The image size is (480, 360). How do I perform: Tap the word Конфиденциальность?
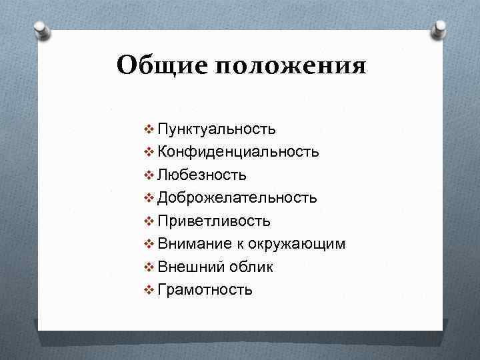point(238,152)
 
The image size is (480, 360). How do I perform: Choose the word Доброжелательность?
point(237,197)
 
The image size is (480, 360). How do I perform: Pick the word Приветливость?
point(214,221)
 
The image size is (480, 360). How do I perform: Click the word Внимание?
point(193,243)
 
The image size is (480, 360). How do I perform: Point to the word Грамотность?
point(205,289)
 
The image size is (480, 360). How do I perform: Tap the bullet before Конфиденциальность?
point(149,152)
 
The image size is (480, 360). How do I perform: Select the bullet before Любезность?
point(149,175)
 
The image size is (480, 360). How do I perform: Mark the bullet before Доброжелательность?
point(149,198)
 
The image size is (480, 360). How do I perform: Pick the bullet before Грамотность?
point(149,289)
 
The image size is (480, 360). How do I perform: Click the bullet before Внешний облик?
point(149,267)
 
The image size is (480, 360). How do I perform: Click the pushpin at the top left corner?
point(41,31)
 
